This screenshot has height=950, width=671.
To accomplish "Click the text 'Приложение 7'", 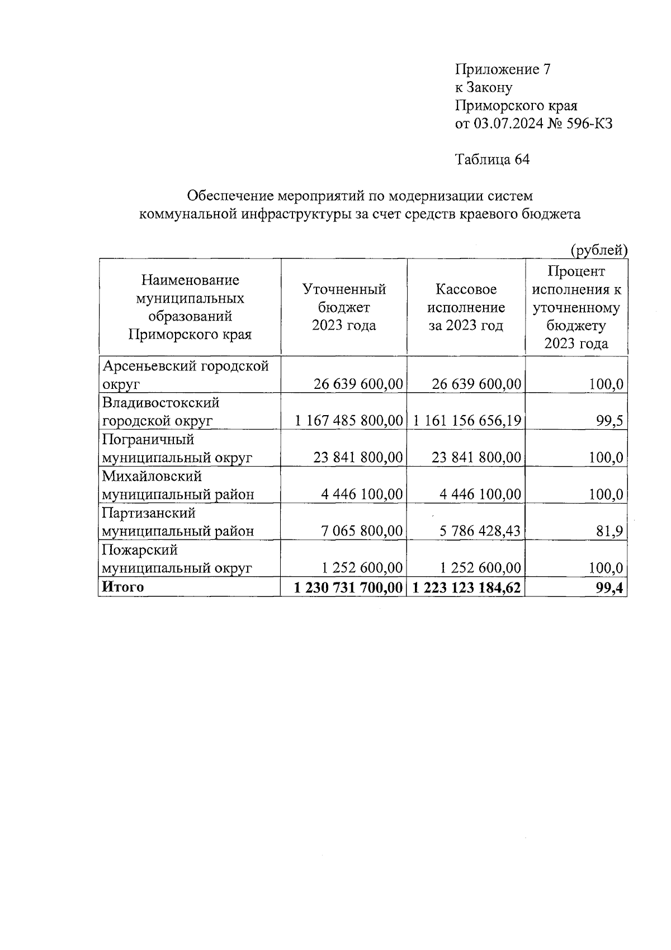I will [503, 69].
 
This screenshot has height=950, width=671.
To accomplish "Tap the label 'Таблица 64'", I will [492, 159].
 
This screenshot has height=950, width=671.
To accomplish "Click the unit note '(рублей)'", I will [598, 251].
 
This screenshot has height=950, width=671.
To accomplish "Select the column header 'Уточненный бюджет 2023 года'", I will [344, 307].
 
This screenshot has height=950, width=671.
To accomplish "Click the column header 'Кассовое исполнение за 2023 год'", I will [466, 307].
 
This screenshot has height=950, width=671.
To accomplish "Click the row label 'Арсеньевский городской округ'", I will [185, 375].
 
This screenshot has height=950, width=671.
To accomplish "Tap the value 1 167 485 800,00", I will [349, 421].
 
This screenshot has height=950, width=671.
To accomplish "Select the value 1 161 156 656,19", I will [467, 421].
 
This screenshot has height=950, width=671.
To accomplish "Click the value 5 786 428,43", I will [480, 531].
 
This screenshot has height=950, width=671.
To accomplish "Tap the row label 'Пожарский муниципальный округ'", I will [177, 559].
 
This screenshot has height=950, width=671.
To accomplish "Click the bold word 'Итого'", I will [122, 587].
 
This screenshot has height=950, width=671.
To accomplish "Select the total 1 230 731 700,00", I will [348, 587].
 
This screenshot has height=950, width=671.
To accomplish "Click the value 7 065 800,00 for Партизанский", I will [362, 531].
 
